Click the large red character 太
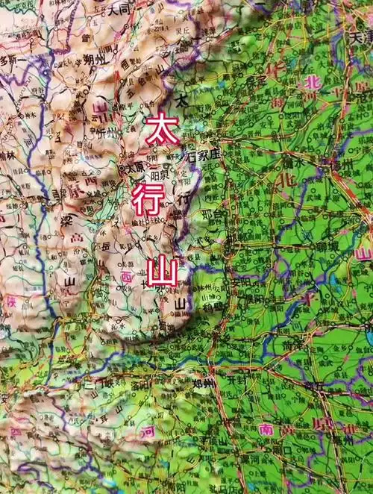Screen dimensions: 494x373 [159, 128]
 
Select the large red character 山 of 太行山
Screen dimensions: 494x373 [161, 271]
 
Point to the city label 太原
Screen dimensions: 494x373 [134, 169]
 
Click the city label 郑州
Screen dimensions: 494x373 [204, 383]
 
